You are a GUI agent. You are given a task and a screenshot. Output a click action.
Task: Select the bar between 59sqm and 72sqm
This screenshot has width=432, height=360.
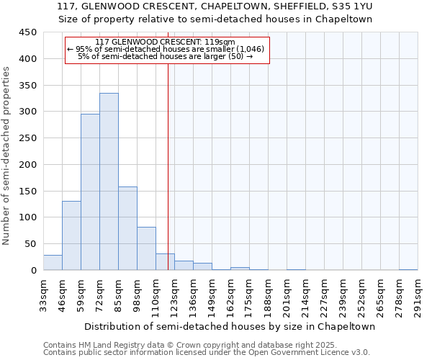click(90, 192)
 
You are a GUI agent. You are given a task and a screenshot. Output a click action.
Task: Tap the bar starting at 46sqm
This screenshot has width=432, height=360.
click(71, 235)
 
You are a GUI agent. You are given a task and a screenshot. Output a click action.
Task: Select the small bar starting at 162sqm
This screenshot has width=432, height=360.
click(240, 269)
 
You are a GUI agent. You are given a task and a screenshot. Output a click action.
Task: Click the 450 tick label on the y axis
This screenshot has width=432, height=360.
click(27, 32)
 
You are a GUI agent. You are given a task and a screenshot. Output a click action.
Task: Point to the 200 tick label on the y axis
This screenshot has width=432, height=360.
click(27, 165)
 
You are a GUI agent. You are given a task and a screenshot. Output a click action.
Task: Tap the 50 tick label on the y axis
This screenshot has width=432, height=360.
click(30, 244)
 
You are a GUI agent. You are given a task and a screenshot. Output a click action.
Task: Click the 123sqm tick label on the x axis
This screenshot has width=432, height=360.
click(175, 294)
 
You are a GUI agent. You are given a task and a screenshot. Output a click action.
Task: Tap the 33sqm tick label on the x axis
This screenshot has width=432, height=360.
click(44, 294)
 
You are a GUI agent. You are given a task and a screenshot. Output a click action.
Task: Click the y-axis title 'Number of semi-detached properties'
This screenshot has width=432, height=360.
click(6, 156)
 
